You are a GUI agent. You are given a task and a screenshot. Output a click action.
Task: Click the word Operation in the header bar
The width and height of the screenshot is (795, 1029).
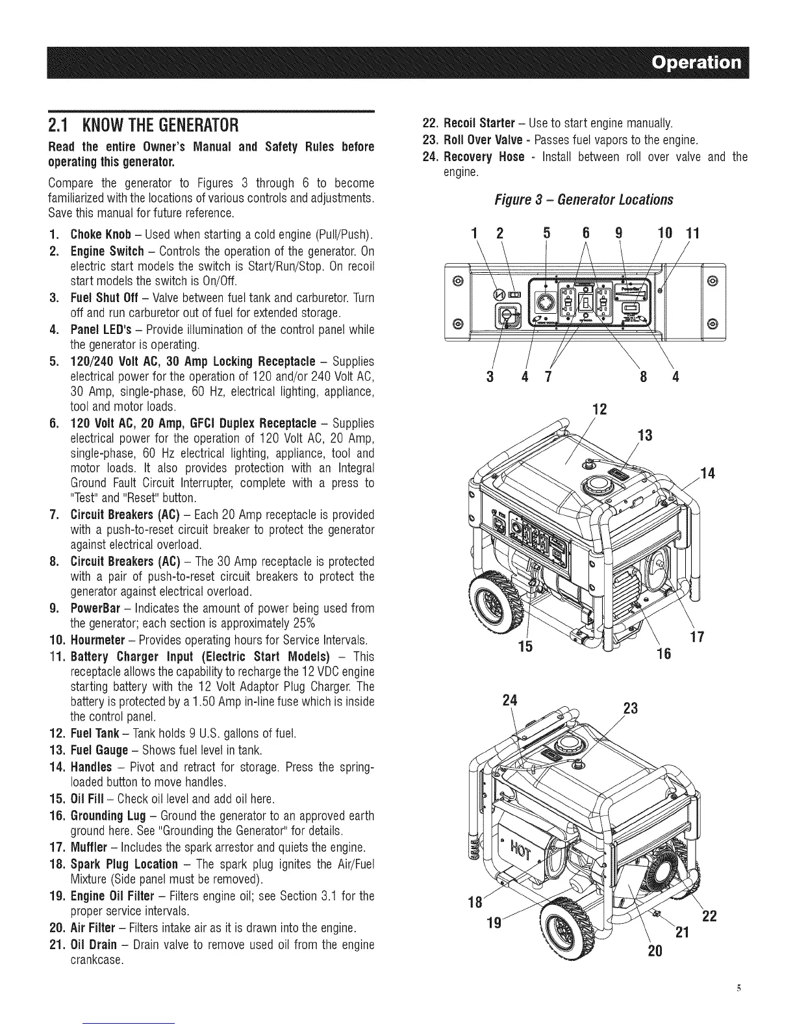(696, 63)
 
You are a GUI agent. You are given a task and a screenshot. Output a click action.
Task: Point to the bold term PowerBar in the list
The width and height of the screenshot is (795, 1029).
(91, 609)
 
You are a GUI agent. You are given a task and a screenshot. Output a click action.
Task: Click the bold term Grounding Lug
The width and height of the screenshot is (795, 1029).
(108, 816)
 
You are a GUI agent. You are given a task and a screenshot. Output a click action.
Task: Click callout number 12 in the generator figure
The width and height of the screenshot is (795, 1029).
(601, 409)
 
